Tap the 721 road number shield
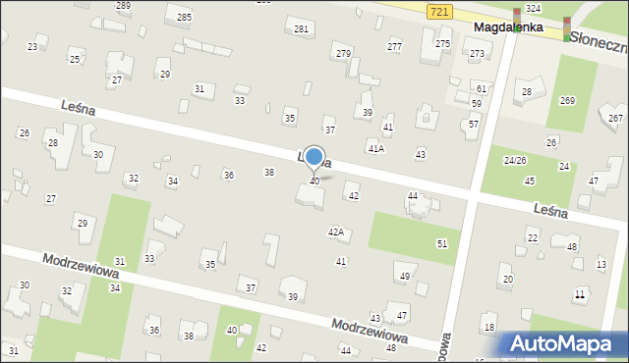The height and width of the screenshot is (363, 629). (x=441, y=10)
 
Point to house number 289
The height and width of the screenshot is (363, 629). (x=123, y=6)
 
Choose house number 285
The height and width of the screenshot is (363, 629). (x=184, y=18)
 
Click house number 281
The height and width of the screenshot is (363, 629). (x=301, y=29)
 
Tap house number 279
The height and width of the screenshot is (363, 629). (x=342, y=53)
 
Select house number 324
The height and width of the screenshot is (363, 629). (x=533, y=8)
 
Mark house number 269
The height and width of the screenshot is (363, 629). (x=567, y=100)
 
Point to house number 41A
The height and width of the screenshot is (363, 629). (x=375, y=149)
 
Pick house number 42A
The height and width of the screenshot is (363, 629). (x=336, y=233)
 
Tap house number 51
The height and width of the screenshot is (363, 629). (x=442, y=243)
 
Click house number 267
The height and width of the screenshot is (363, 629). (x=615, y=119)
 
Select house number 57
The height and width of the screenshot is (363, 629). (x=473, y=125)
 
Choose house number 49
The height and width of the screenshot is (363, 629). (x=404, y=278)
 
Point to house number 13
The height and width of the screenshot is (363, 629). (x=601, y=265)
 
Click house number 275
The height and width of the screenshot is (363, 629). (x=443, y=44)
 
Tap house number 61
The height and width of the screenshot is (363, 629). (x=481, y=89)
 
